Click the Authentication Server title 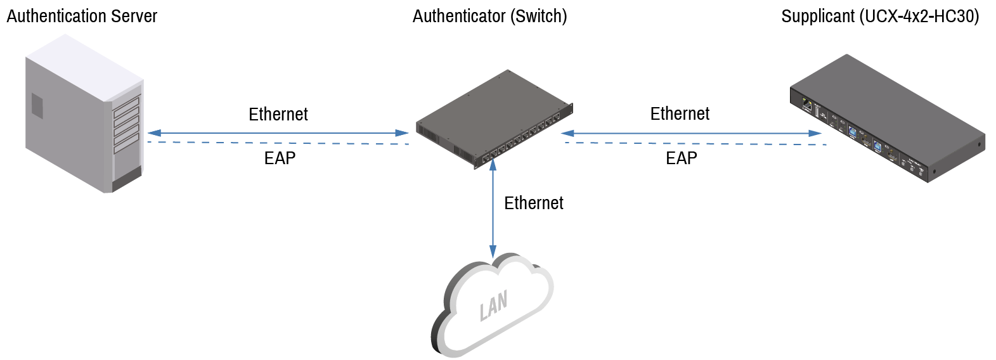pos(82,16)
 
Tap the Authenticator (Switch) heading pos(490,16)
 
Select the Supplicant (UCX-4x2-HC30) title pos(881,16)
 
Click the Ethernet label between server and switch pos(278,114)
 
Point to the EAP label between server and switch pos(280,158)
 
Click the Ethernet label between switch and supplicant pos(680,113)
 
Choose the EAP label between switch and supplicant pos(681,158)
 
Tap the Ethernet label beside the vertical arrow pos(534,203)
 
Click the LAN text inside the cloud pos(493,305)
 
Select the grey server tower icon pos(84,113)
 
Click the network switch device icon pos(495,119)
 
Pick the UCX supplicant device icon pos(888,119)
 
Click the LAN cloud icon pos(492,305)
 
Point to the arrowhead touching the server pos(154,133)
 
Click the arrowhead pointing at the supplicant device pos(815,133)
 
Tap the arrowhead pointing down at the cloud pos(493,252)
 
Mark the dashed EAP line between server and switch pos(278,143)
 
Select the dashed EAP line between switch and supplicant pos(696,143)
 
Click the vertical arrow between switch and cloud pos(493,209)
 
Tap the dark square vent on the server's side pos(37,106)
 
